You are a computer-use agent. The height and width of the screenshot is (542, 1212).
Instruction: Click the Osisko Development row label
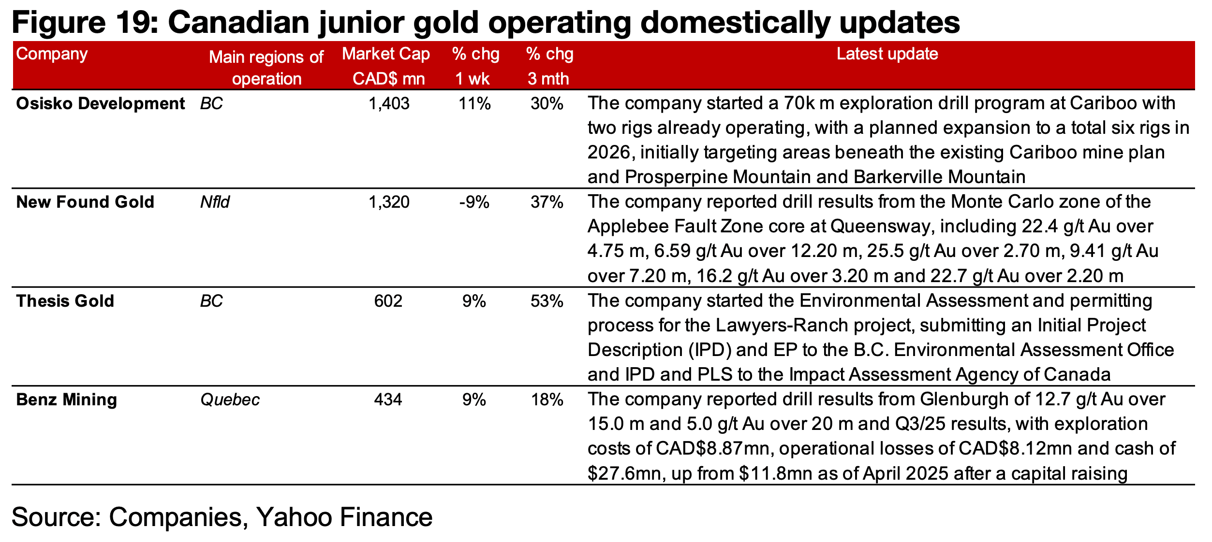100,104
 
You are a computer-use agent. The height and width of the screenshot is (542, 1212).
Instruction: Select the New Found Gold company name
85,202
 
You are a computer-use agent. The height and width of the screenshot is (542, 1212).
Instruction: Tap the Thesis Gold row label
65,301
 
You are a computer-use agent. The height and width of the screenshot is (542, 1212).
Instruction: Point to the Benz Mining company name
66,400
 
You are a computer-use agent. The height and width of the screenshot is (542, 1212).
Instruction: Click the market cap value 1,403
388,104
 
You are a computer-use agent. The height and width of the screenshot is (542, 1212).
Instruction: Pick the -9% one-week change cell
474,202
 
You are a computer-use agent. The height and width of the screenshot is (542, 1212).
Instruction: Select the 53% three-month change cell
547,301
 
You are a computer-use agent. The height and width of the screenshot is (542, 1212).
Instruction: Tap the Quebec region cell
230,400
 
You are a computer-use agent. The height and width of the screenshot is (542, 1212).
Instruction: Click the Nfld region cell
215,202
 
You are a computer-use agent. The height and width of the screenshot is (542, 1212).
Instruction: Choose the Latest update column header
887,54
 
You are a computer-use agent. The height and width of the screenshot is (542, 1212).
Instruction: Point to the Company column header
52,54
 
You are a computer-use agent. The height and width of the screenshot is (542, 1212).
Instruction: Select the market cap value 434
388,400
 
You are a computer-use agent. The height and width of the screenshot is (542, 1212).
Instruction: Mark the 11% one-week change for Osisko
474,104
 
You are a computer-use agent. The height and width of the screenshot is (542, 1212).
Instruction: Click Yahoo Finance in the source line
344,517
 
